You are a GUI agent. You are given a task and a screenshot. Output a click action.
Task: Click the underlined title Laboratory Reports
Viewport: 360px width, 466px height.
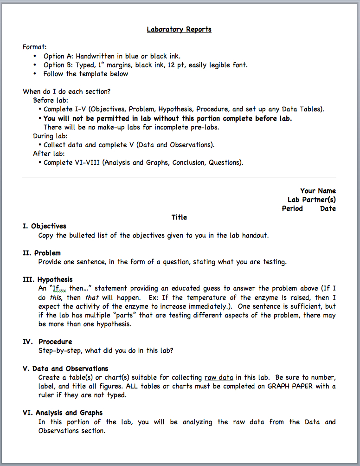click(179, 29)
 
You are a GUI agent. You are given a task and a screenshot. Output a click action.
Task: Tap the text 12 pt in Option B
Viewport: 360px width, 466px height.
click(197, 65)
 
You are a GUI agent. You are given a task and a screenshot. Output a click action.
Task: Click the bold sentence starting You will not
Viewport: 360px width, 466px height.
click(167, 118)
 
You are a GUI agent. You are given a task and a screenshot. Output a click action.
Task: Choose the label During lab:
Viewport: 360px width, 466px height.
click(50, 136)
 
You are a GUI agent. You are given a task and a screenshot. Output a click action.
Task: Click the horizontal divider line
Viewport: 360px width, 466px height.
click(179, 177)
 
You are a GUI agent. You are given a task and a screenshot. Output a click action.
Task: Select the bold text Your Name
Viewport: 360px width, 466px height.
click(318, 191)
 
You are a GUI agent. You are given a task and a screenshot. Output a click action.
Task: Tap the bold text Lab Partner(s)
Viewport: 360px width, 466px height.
click(312, 200)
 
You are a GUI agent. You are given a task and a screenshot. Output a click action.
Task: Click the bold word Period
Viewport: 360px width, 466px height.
click(292, 208)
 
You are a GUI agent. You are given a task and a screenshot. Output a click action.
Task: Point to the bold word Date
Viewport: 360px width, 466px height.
click(328, 208)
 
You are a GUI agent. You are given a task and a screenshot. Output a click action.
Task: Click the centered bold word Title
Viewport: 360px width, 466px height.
click(179, 217)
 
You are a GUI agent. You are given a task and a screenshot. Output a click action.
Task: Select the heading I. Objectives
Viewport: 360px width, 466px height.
click(45, 226)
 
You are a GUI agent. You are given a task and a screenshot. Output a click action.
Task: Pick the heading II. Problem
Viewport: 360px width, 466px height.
click(42, 253)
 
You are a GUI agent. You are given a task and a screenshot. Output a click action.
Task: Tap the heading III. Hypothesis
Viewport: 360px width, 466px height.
click(48, 279)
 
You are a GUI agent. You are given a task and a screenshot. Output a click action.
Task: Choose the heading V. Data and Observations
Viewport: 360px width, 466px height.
click(65, 369)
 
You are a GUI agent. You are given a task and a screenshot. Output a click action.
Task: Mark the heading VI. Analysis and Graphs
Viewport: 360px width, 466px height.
click(63, 413)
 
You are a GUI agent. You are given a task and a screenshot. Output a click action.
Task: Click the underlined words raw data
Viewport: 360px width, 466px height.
click(219, 377)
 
